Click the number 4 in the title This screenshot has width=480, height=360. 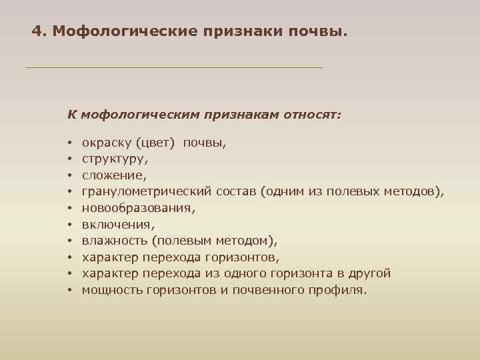click(37, 31)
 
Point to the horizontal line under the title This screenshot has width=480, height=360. click(173, 68)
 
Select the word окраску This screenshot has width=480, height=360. click(105, 143)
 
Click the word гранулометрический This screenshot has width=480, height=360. click(147, 192)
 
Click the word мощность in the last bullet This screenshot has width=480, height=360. click(110, 290)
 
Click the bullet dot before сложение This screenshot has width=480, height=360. click(69, 176)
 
